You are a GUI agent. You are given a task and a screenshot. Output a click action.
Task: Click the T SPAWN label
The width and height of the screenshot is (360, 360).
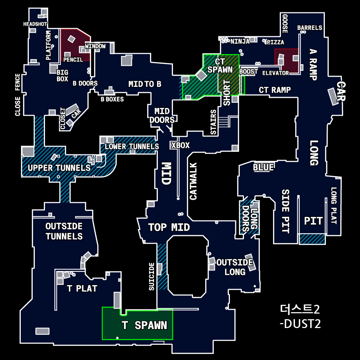(144, 326)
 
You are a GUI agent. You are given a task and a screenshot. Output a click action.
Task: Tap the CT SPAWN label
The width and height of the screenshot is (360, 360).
(220, 66)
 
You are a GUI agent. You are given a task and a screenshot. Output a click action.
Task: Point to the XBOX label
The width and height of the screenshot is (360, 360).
(180, 145)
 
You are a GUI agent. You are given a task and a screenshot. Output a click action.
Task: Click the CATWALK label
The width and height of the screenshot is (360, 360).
(193, 181)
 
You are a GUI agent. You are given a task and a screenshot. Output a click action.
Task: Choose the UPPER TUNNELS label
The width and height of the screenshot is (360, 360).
(59, 168)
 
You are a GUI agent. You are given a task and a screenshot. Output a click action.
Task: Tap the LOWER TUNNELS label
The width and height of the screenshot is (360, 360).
(131, 146)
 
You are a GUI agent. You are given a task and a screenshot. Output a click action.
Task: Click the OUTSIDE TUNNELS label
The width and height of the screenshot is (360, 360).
(64, 231)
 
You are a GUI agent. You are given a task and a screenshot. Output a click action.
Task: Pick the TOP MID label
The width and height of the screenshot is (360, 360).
(169, 227)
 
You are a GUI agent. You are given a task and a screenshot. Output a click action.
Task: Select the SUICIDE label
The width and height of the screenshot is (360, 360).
(152, 276)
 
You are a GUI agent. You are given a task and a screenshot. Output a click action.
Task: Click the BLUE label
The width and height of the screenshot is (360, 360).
(263, 168)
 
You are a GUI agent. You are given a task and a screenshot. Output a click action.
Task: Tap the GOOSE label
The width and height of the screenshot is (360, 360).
(285, 24)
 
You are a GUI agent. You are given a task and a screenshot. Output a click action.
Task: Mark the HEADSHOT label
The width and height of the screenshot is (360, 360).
(35, 24)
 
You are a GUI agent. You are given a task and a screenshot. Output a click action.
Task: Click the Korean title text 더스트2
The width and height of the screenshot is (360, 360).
(300, 309)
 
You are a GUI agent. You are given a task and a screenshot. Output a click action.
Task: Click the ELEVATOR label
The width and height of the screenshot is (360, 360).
(276, 73)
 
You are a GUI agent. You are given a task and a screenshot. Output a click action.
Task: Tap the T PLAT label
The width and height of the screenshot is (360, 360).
(82, 289)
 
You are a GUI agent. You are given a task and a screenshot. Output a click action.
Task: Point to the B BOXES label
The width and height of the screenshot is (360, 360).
(112, 99)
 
